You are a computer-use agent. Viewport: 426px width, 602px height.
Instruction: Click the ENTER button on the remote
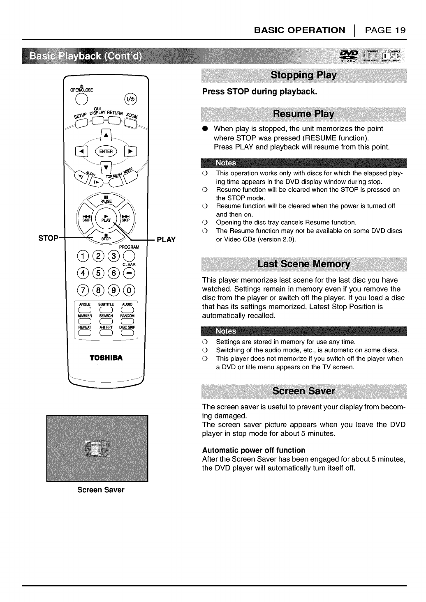point(106,151)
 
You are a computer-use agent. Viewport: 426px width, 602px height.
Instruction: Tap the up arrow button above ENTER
point(106,136)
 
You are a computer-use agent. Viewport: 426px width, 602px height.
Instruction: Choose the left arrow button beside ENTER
point(81,151)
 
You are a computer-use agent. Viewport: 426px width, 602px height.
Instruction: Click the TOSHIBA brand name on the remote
point(106,357)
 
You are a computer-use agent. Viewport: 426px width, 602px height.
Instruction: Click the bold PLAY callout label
point(166,240)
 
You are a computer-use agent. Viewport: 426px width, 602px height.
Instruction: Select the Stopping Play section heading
point(303,75)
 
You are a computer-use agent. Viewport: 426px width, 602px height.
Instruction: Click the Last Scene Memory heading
point(303,264)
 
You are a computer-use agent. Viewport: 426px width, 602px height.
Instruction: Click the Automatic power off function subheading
point(254,450)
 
